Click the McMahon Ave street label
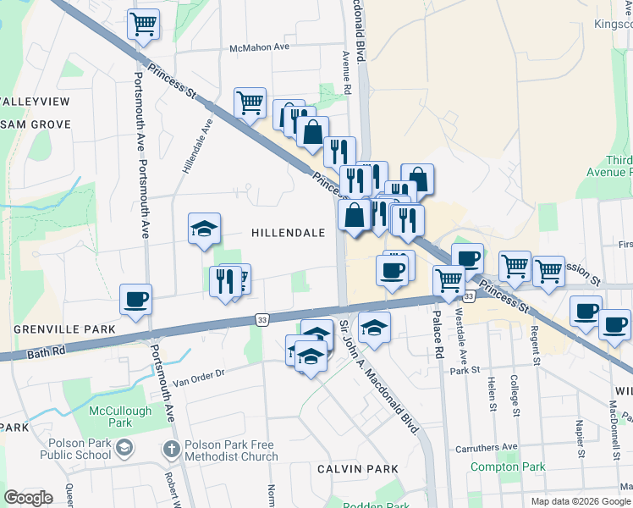pyautogui.click(x=261, y=48)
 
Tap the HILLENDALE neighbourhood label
pyautogui.click(x=288, y=233)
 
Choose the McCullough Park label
pyautogui.click(x=112, y=416)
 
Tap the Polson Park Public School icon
pyautogui.click(x=124, y=447)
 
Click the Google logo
pyautogui.click(x=28, y=498)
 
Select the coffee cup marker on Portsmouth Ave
pyautogui.click(x=136, y=299)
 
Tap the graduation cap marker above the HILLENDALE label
pyautogui.click(x=204, y=228)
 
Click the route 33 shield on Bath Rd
pyautogui.click(x=262, y=319)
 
